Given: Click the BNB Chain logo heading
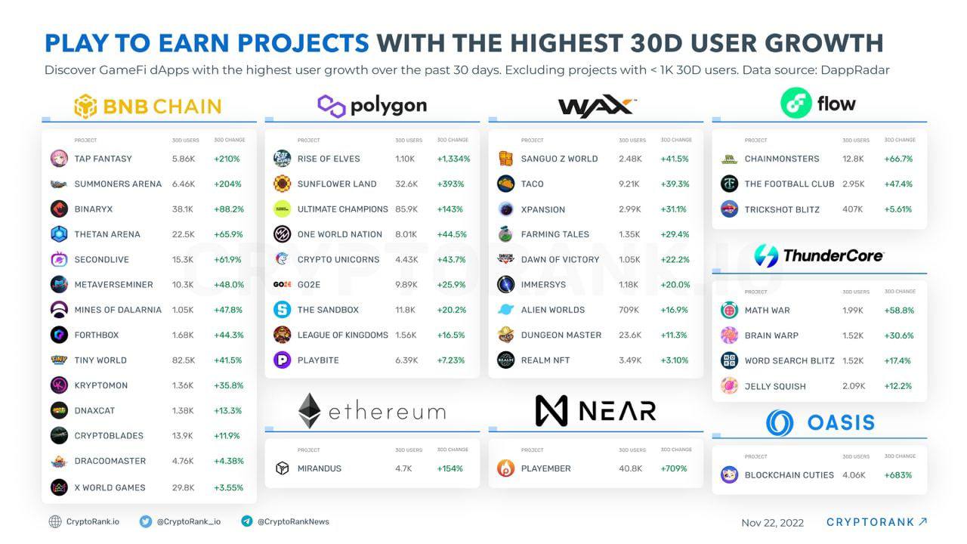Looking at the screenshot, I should [148, 107].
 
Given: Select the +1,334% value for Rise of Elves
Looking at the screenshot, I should [453, 159].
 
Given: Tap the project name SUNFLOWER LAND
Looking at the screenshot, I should [337, 184].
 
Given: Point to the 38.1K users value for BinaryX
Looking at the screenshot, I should [183, 209].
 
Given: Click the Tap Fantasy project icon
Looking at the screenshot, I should [59, 159].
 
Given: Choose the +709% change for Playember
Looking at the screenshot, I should [674, 468].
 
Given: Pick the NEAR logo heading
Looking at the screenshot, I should [595, 411].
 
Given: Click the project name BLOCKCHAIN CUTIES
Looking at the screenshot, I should [789, 475].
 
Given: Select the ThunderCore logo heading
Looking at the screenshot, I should [819, 255].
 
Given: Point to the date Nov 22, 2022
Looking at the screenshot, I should [772, 523].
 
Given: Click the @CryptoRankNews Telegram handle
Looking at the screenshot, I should [293, 521].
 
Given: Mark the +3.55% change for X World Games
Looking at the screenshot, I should [228, 487].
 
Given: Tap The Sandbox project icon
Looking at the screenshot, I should [282, 310].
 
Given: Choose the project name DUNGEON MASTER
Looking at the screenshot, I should [561, 335].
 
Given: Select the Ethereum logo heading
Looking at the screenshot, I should [372, 411].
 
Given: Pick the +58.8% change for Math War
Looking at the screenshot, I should [898, 311].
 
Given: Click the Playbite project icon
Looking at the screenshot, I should [282, 360].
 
